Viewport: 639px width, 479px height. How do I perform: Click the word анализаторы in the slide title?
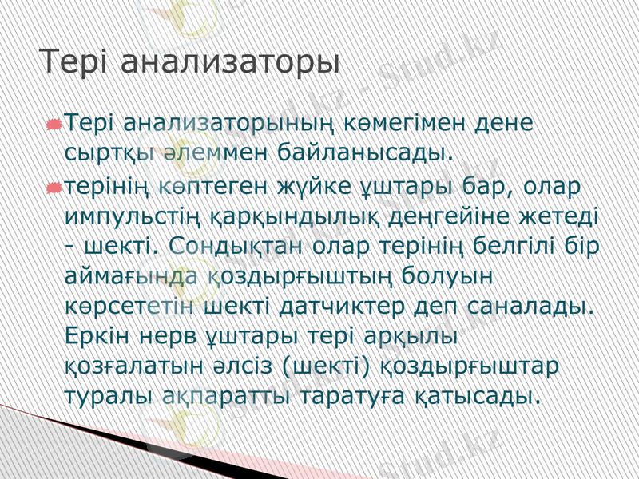click(232, 63)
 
